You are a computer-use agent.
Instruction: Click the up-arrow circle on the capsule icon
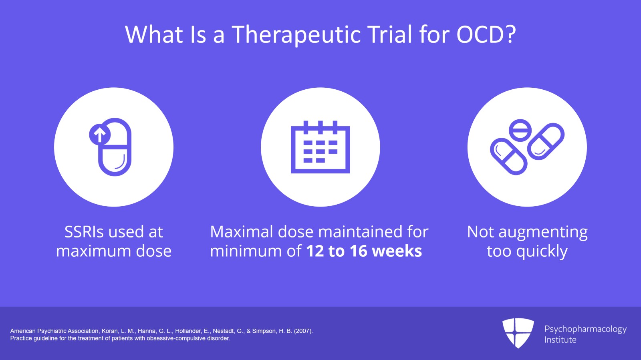(x=99, y=135)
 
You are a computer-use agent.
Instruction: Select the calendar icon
(x=320, y=147)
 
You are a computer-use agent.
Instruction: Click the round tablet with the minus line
(x=520, y=130)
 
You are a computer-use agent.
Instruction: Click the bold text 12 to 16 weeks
(x=364, y=251)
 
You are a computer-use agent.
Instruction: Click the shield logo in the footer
(x=518, y=332)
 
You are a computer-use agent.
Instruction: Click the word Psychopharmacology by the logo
(x=585, y=329)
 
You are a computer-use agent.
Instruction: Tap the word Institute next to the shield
(x=560, y=340)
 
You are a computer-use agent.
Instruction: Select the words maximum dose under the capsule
(x=114, y=251)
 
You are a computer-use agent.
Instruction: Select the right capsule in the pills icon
(x=546, y=141)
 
